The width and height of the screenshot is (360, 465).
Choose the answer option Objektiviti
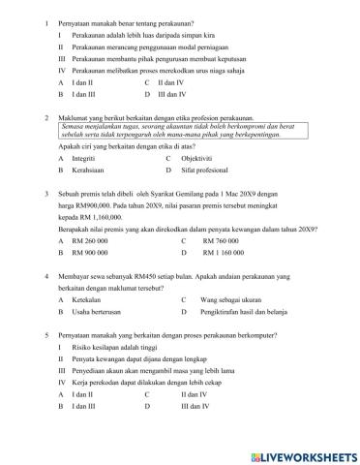[199, 158]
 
